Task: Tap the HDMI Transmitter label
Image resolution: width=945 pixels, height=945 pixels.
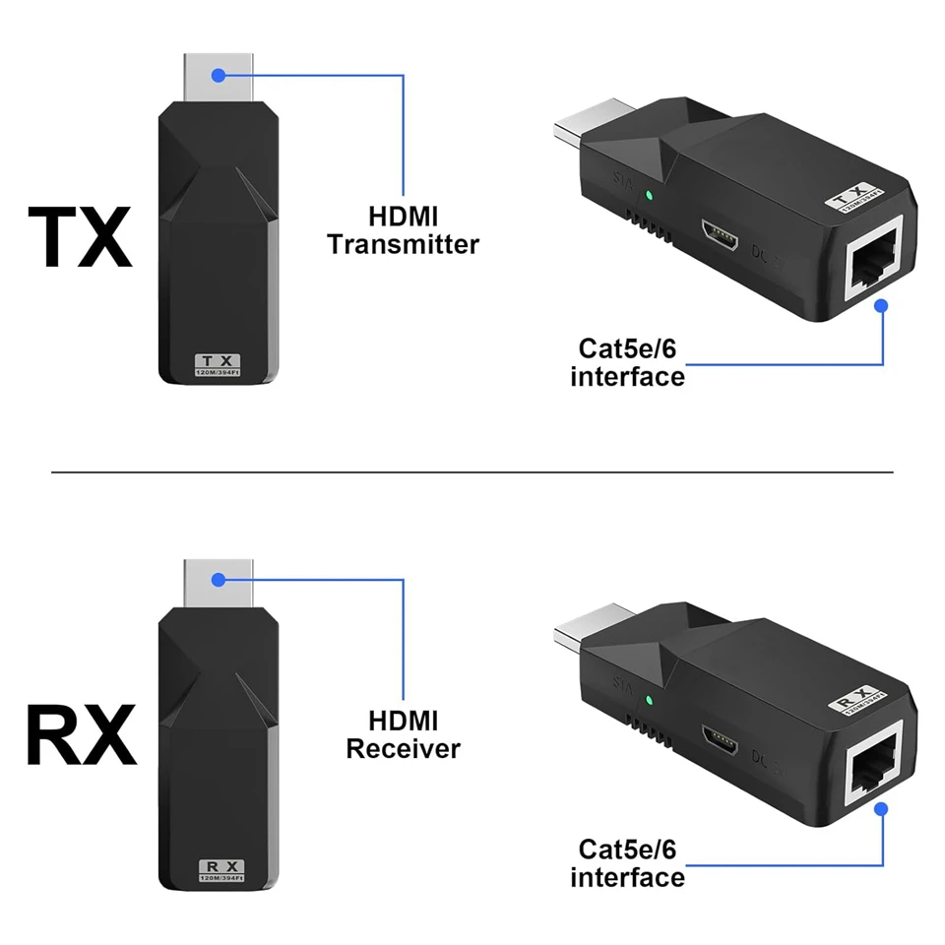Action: pos(403,230)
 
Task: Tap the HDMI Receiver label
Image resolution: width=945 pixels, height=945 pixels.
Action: pos(403,734)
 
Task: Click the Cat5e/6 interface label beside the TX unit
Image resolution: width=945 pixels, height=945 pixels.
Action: pos(627,361)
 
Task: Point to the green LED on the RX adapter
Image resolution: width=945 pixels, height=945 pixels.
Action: pos(648,701)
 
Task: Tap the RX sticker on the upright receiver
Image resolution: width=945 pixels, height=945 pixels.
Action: pos(220,870)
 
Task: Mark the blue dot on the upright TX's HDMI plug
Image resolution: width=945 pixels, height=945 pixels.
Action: pos(219,74)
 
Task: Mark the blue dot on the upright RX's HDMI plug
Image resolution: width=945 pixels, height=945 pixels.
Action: pos(219,578)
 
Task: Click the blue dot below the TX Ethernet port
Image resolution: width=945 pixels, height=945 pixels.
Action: pos(881,306)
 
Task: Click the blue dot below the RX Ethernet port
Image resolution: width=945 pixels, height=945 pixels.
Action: pos(881,808)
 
